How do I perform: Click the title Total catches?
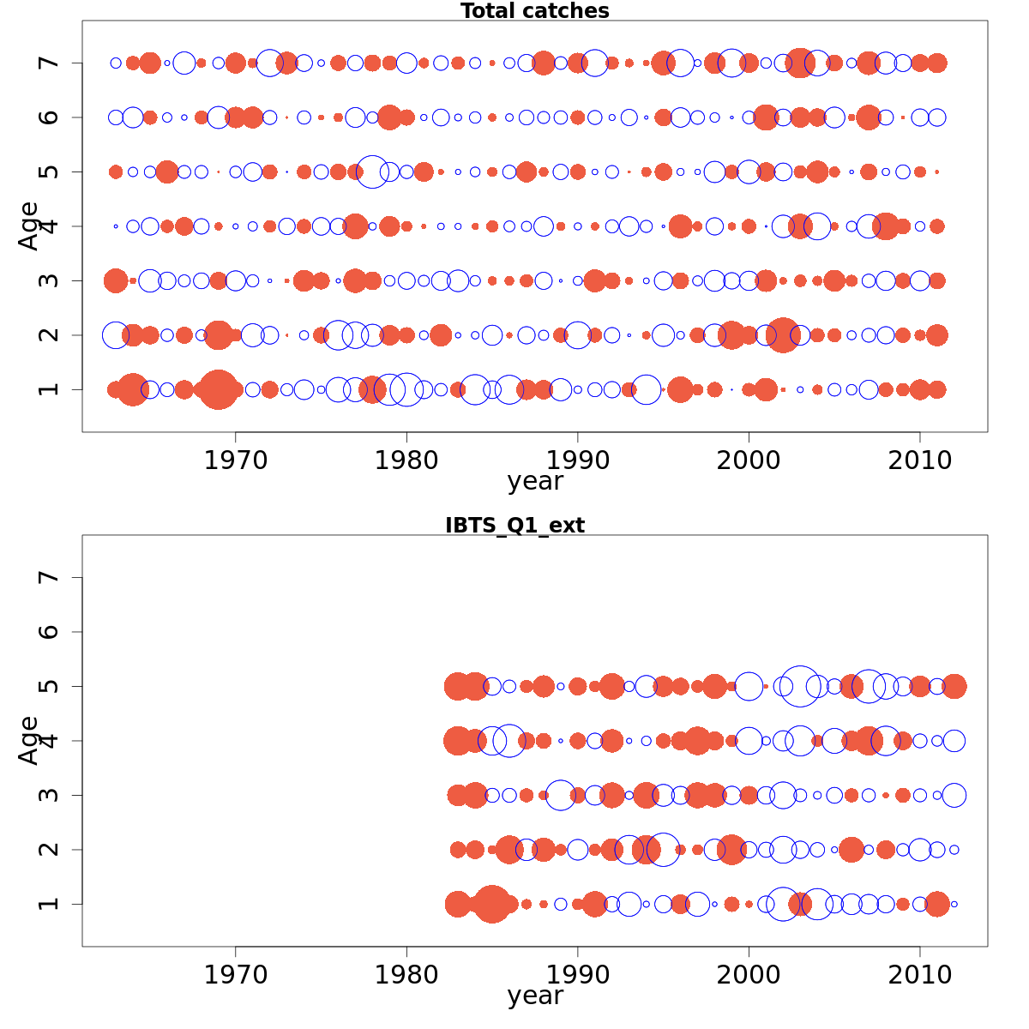pyautogui.click(x=534, y=11)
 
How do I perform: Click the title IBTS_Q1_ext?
pyautogui.click(x=514, y=526)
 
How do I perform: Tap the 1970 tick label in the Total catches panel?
pyautogui.click(x=235, y=460)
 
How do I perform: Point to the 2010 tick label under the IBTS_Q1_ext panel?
pyautogui.click(x=920, y=975)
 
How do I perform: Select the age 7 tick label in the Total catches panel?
pyautogui.click(x=50, y=63)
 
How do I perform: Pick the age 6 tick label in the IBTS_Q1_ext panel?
pyautogui.click(x=50, y=632)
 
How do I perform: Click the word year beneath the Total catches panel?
pyautogui.click(x=535, y=481)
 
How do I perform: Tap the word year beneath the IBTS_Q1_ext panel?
pyautogui.click(x=535, y=996)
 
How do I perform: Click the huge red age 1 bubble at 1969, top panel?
pyautogui.click(x=218, y=389)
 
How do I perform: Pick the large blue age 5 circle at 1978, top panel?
pyautogui.click(x=372, y=171)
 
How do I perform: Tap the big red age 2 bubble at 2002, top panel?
pyautogui.click(x=782, y=334)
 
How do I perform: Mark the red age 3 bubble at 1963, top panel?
pyautogui.click(x=116, y=280)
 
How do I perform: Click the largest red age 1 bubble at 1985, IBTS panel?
pyautogui.click(x=491, y=904)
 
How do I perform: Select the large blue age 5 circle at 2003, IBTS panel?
pyautogui.click(x=800, y=686)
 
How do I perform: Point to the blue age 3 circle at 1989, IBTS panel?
pyautogui.click(x=560, y=795)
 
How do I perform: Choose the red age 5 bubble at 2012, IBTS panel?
pyautogui.click(x=954, y=686)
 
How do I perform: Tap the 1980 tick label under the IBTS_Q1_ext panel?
pyautogui.click(x=406, y=975)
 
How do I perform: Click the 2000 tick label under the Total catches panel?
pyautogui.click(x=749, y=460)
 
